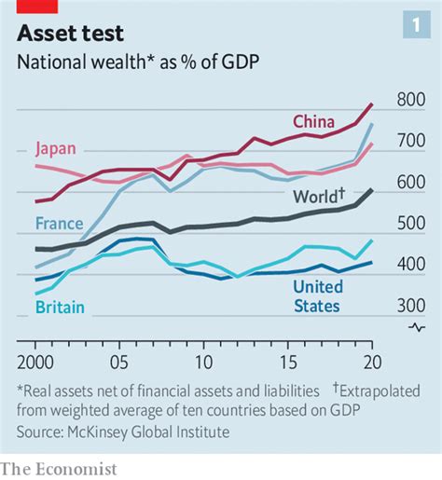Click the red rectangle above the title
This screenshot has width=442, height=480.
click(x=35, y=7)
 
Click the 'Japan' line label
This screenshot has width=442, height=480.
click(x=56, y=147)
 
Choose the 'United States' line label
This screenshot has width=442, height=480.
click(x=317, y=295)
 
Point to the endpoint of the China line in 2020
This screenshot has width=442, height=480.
click(x=372, y=103)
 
